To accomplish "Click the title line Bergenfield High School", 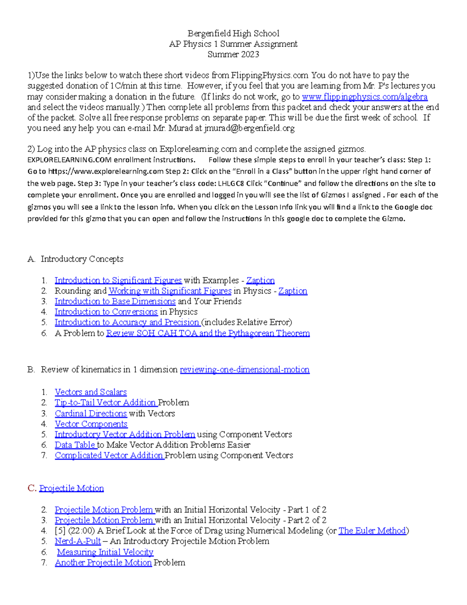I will [x=233, y=34].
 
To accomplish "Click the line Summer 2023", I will [x=233, y=55].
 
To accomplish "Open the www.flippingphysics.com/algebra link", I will [x=365, y=97].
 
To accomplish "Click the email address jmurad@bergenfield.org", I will [x=249, y=128].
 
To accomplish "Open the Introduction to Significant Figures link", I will [x=118, y=280].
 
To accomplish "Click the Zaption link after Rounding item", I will [x=293, y=291].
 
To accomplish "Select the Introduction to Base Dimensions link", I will [x=115, y=302].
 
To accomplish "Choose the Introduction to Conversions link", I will [x=106, y=312].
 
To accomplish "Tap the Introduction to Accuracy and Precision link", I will [x=127, y=323].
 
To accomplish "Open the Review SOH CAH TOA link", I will [x=208, y=333].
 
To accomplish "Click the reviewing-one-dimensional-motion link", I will [x=244, y=370].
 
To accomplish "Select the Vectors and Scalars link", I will [x=91, y=392].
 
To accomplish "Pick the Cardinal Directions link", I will [x=91, y=414].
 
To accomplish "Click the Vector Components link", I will [x=91, y=424].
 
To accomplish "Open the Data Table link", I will [x=75, y=445].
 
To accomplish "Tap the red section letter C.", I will [x=32, y=489].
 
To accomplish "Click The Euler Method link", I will [x=372, y=531].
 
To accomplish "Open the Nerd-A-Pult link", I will [x=78, y=542].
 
